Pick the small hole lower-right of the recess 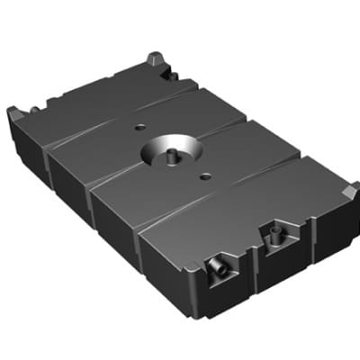click(x=206, y=176)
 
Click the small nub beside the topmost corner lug click(x=170, y=75)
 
